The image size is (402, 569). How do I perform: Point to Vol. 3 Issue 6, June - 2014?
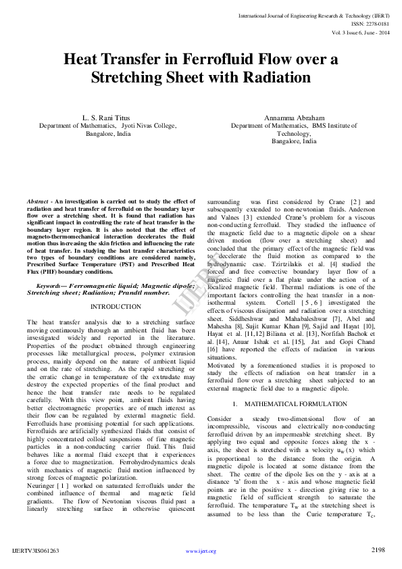[x=361, y=32]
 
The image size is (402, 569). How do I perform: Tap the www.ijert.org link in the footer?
[x=201, y=551]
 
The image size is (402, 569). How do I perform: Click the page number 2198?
[x=378, y=550]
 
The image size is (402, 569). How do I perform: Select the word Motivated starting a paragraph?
[x=224, y=365]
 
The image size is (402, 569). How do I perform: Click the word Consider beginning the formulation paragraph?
[x=220, y=419]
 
